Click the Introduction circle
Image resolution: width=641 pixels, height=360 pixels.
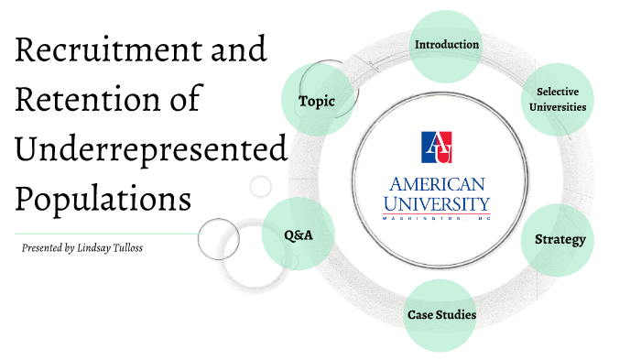446,45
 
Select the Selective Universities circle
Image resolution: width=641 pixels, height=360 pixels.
561,99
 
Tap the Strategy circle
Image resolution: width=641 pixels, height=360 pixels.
560,240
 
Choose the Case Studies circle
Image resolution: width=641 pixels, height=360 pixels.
441,315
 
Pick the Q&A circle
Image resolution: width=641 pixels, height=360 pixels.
299,235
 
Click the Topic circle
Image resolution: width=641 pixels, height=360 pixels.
317,100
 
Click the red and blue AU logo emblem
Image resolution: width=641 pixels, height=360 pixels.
436,147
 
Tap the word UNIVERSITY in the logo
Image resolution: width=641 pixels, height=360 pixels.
436,202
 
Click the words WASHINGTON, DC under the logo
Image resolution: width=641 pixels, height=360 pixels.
436,218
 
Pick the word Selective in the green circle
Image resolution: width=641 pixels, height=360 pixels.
561,92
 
